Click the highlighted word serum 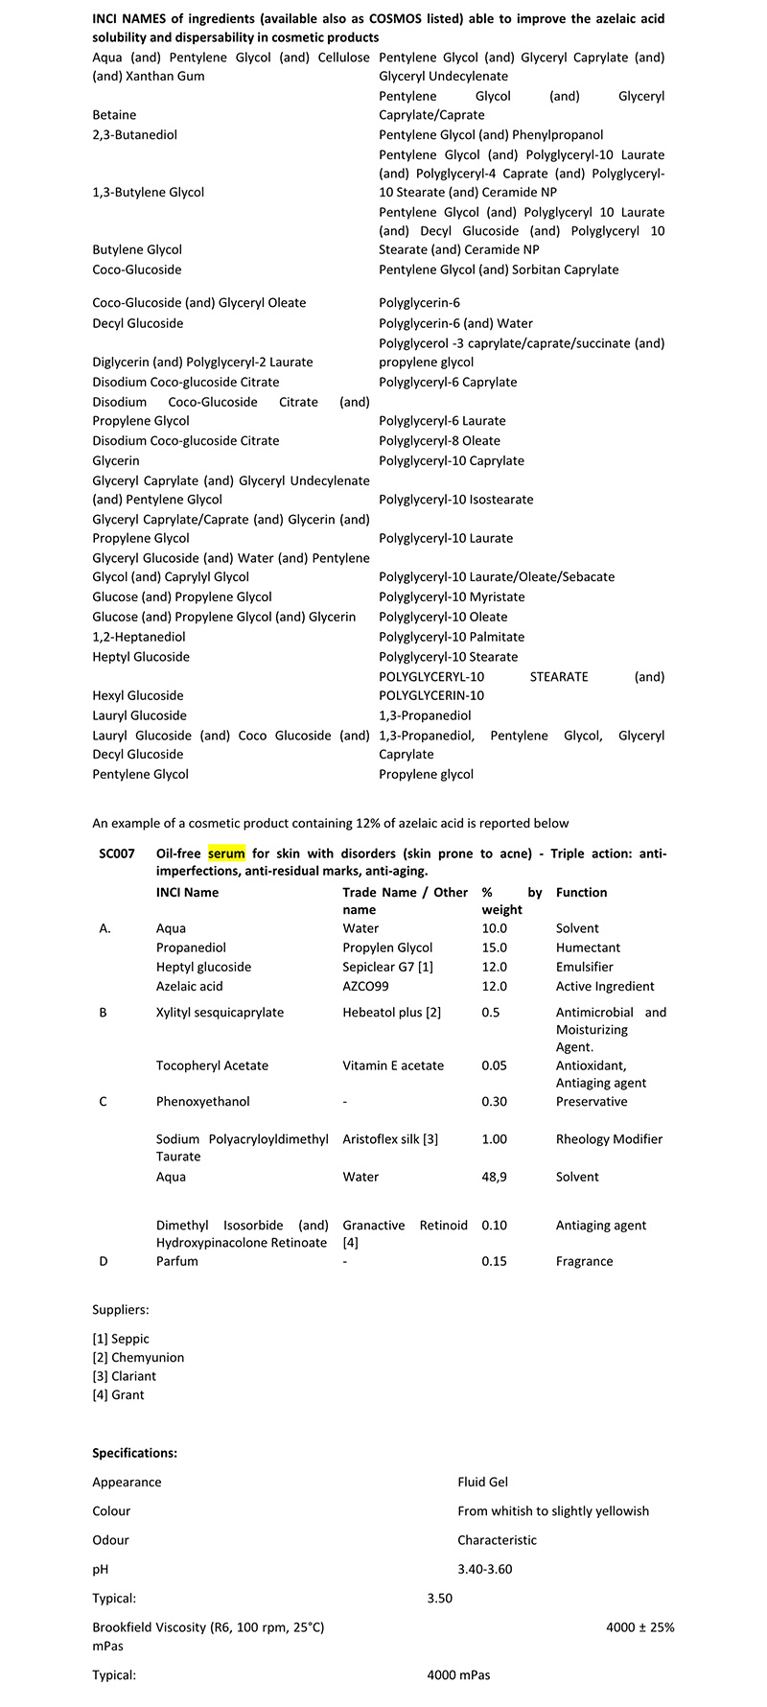tap(226, 853)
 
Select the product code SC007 tap(117, 853)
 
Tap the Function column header tap(581, 892)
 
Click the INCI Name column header tap(187, 892)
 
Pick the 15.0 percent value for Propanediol tap(494, 947)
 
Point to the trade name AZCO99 tap(365, 986)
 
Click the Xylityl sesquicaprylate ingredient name tap(220, 1012)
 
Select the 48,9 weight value tap(496, 1177)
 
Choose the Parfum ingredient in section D tap(176, 1261)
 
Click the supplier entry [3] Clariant tap(124, 1376)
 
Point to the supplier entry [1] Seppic tap(121, 1339)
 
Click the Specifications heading tap(134, 1453)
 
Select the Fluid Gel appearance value tap(482, 1482)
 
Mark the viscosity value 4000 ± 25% tap(639, 1627)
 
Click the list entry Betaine tap(114, 115)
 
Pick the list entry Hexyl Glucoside tap(138, 695)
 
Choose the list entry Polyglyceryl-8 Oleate tap(439, 441)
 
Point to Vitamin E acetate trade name tap(393, 1065)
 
